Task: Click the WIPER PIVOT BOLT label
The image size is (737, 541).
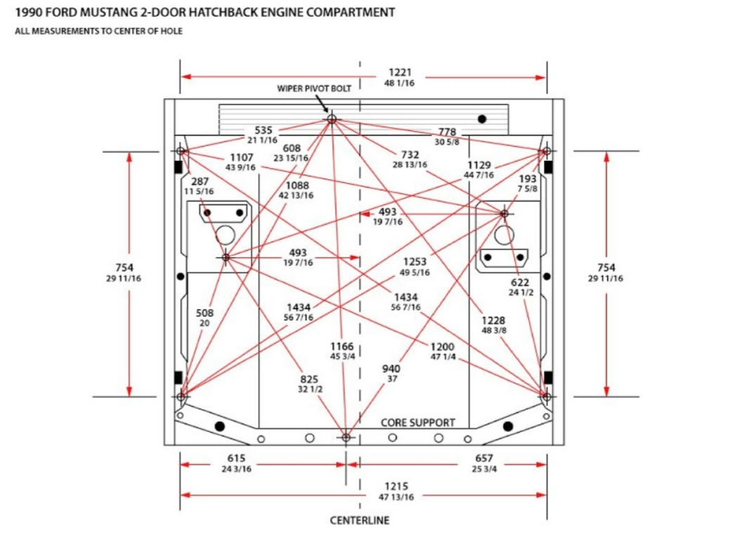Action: [314, 89]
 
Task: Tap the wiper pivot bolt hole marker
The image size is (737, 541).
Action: [332, 119]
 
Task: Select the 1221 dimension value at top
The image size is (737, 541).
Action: [400, 72]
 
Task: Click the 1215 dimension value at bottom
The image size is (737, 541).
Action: [396, 486]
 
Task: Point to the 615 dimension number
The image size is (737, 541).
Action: [237, 458]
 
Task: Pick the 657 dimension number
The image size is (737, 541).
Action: [484, 458]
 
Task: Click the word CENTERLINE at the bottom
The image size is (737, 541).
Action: [360, 521]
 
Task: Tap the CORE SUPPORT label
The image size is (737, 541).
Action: [418, 422]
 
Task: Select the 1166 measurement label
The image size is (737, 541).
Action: [341, 346]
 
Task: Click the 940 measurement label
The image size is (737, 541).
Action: [391, 369]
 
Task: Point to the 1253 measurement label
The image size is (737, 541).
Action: [415, 262]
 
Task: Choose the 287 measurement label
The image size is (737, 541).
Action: [200, 181]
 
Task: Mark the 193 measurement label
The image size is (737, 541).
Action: [528, 179]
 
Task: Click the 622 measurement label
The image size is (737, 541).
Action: [520, 282]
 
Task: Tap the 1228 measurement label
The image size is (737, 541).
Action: [493, 320]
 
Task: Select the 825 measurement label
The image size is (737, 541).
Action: [309, 379]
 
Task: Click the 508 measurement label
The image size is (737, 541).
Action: [204, 313]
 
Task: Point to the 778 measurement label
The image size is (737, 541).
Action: [447, 132]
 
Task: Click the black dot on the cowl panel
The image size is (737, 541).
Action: [482, 119]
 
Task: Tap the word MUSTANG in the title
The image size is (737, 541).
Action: [109, 12]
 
